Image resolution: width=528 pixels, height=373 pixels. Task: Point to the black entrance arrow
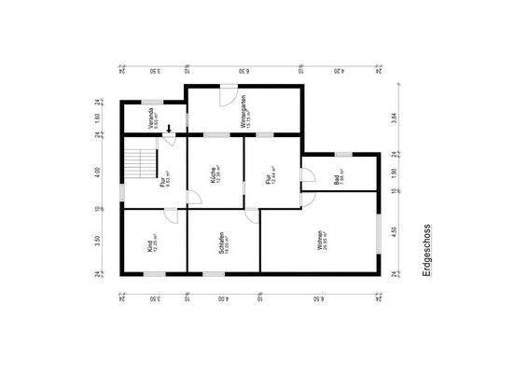point(169,129)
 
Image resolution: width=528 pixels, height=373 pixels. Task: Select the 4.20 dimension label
point(340,70)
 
